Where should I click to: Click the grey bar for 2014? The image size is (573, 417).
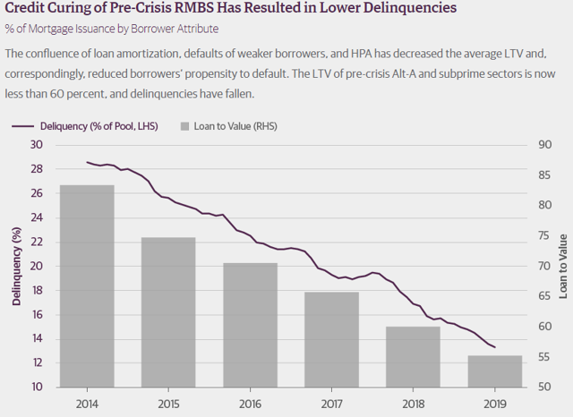pos(87,285)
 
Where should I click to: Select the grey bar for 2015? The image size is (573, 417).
pos(168,311)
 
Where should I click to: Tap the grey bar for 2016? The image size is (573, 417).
pos(250,324)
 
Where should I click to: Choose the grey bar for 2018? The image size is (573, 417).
pos(413,356)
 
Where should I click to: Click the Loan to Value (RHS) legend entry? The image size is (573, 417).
pos(228,126)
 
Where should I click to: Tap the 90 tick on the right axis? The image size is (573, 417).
pos(542,145)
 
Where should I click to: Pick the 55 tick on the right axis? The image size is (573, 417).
pos(542,357)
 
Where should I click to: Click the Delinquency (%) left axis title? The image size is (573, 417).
pos(16,266)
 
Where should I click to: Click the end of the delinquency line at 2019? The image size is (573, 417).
pos(495,347)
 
